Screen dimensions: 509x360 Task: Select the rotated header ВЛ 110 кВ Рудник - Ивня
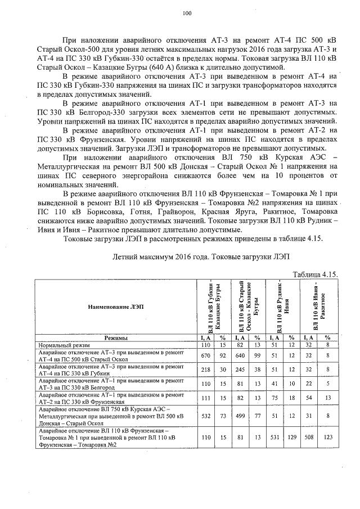tap(282, 307)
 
